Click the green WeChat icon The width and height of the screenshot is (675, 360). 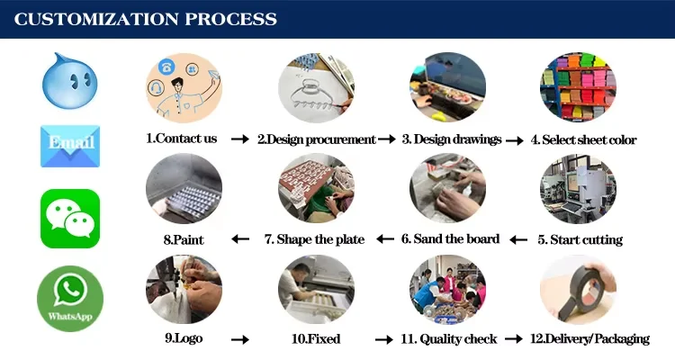tap(70, 218)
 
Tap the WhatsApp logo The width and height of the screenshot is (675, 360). tap(70, 298)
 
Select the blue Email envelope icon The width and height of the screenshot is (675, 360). tap(70, 146)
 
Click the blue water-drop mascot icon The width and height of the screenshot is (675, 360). tap(68, 79)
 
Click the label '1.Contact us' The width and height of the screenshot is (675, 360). tap(182, 139)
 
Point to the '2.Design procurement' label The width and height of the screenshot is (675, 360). tap(316, 139)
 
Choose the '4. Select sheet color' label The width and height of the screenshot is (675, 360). tap(583, 139)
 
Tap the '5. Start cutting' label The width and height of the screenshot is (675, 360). tap(580, 239)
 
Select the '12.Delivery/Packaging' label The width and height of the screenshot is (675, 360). tap(589, 338)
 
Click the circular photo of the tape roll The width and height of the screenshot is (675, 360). tap(578, 289)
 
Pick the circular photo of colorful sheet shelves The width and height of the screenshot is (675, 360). tap(578, 88)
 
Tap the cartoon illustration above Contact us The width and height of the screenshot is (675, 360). tap(184, 88)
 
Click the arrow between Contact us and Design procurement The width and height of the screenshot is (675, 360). tap(239, 139)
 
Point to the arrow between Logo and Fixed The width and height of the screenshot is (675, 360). tap(239, 340)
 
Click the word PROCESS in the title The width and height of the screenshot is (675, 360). tap(221, 19)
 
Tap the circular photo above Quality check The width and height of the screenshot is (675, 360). tap(448, 289)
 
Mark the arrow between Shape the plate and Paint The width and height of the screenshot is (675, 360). tap(240, 239)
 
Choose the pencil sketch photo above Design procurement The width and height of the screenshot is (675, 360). tap(316, 88)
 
